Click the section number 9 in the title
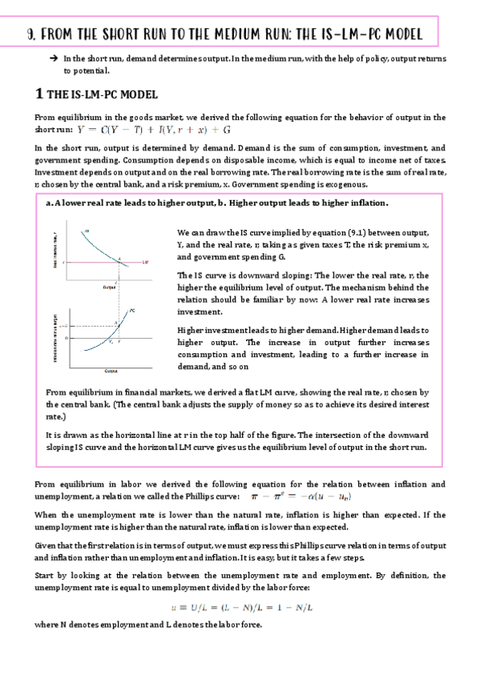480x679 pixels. [30, 35]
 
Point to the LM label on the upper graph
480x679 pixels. [145, 262]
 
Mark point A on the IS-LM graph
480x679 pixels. [120, 258]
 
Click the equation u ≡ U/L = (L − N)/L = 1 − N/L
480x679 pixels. [240, 607]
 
